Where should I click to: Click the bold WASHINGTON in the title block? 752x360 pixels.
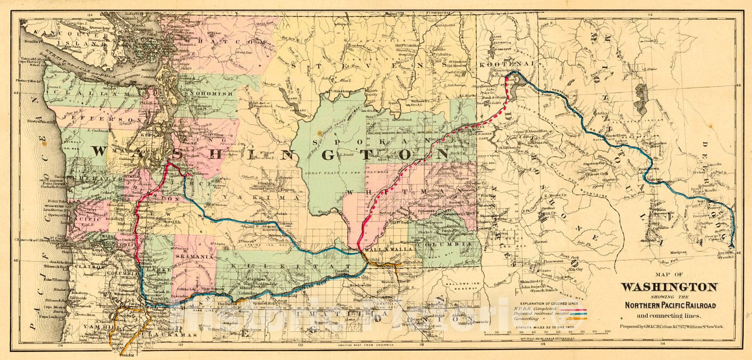tap(670, 287)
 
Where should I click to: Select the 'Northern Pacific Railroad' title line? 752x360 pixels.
tap(670, 305)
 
